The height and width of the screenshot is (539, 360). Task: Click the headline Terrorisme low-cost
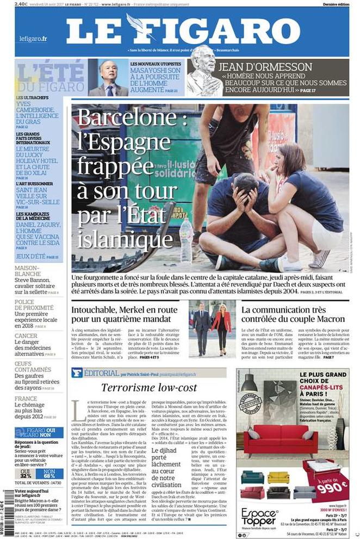tap(148, 387)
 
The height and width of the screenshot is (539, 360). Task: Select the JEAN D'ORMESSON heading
tap(265, 67)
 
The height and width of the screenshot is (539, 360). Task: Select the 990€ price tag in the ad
tap(330, 484)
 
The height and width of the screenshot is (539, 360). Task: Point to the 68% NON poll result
tap(49, 474)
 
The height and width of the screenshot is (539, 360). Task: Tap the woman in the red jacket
tap(221, 326)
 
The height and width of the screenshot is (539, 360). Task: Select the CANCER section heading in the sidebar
tap(26, 336)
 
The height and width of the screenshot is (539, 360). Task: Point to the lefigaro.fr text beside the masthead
tap(33, 39)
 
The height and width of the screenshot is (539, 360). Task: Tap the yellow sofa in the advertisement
tap(278, 476)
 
